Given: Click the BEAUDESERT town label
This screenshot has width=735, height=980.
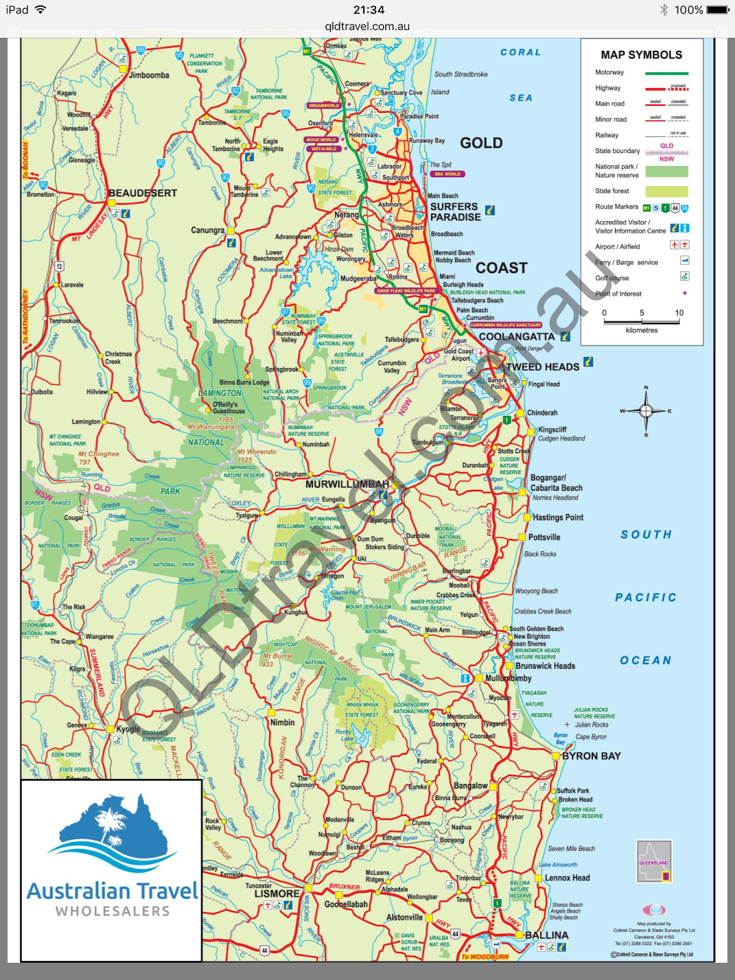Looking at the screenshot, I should click(x=143, y=193).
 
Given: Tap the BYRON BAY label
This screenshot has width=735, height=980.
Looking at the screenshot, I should click(x=591, y=756).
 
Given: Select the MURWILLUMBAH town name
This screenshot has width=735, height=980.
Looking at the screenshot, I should click(x=347, y=484).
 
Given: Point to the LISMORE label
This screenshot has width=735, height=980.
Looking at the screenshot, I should click(x=277, y=893).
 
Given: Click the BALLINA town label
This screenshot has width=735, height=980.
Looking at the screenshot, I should click(x=546, y=935).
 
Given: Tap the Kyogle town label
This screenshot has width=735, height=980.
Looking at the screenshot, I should click(x=128, y=729).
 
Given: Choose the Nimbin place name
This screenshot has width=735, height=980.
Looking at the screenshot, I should click(x=282, y=722).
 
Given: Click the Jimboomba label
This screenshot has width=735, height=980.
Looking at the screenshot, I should click(x=149, y=75).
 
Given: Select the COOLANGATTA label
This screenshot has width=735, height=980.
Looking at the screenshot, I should click(x=516, y=336).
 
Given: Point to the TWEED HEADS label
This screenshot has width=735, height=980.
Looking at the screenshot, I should click(x=543, y=366).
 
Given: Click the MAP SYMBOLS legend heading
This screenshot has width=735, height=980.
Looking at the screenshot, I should click(x=641, y=55).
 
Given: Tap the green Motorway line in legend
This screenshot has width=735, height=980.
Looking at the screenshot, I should click(x=666, y=73).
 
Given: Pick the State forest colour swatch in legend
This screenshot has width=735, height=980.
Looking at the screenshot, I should click(x=666, y=191).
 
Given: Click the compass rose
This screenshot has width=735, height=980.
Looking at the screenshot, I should click(x=646, y=410).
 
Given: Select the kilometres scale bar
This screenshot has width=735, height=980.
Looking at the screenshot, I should click(x=641, y=320).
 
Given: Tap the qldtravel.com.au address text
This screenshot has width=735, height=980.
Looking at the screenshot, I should click(x=367, y=26).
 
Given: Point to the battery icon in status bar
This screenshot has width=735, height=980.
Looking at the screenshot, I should click(x=717, y=10).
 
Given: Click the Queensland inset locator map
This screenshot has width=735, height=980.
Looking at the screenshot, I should click(x=654, y=861).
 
